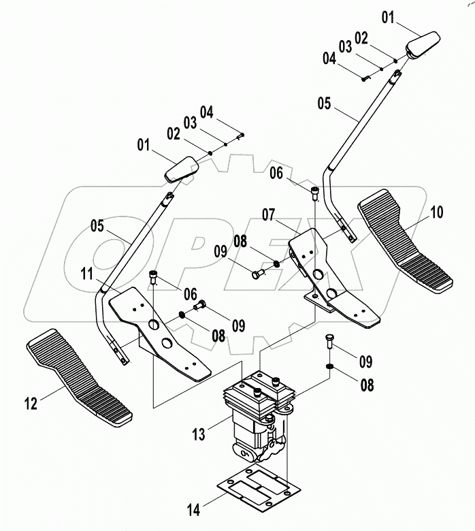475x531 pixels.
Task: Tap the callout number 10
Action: pyautogui.click(x=436, y=212)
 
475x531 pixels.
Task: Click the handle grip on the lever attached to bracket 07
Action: pyautogui.click(x=423, y=46)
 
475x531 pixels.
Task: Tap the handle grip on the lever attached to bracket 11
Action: pyautogui.click(x=181, y=169)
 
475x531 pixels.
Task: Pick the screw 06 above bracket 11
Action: pyautogui.click(x=154, y=276)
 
